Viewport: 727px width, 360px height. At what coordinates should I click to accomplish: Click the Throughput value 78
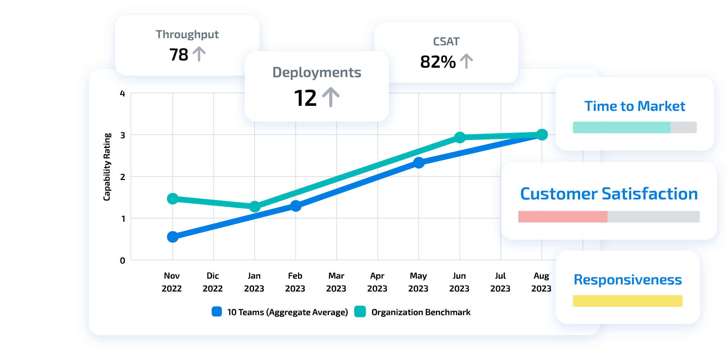[179, 55]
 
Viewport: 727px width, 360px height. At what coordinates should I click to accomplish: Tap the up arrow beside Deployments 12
[331, 97]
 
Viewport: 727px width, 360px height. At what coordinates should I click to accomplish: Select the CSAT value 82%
[438, 62]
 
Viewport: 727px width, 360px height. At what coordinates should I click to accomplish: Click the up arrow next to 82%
[466, 61]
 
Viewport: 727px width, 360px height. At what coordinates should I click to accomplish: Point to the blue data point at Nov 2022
[173, 237]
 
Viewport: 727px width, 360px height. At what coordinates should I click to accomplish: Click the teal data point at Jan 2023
[255, 207]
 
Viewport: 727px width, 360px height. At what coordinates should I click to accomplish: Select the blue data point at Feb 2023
[295, 206]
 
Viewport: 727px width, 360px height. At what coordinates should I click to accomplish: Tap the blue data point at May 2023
[419, 163]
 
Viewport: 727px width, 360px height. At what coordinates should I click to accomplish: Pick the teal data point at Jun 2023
[460, 137]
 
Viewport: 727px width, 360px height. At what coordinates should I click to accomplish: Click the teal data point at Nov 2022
[173, 199]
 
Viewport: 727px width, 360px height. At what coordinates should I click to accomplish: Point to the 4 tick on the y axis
[122, 94]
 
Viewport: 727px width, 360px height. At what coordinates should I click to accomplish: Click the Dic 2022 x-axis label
[213, 282]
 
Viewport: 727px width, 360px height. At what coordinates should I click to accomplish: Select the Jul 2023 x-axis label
[500, 282]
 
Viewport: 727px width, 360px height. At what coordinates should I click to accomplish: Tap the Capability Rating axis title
[107, 167]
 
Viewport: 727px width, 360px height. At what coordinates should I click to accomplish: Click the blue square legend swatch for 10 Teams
[217, 311]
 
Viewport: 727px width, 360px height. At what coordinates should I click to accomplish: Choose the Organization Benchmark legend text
[421, 312]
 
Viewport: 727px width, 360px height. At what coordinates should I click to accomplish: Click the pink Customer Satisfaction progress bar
[563, 217]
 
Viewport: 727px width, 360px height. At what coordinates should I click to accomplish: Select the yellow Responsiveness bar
[627, 301]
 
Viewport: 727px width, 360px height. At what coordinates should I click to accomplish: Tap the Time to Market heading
[635, 106]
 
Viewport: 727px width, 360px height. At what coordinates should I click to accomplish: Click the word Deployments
[317, 72]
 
